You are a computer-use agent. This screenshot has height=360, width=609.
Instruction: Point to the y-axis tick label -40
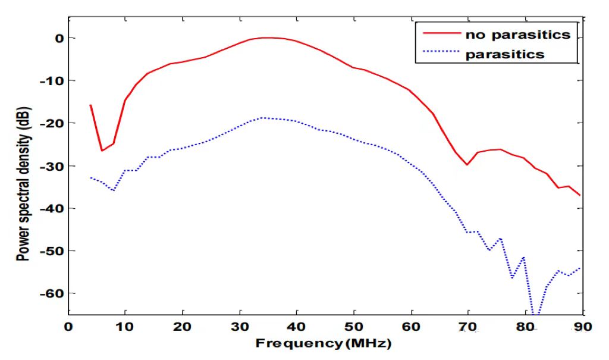pos(50,208)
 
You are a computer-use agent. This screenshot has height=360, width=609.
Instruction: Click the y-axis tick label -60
pos(50,293)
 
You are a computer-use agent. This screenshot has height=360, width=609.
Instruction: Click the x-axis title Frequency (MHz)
pos(324,343)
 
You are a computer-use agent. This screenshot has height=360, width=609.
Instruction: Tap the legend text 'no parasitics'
pos(518,35)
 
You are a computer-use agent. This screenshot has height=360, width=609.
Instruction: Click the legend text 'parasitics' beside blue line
pos(505,54)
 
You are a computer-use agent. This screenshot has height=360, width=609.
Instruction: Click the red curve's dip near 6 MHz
pos(102,151)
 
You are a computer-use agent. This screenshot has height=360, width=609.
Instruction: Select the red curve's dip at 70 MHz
pos(467,164)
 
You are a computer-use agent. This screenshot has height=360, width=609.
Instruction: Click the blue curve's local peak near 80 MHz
pos(524,257)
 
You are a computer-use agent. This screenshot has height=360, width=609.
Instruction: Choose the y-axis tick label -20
pos(50,123)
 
